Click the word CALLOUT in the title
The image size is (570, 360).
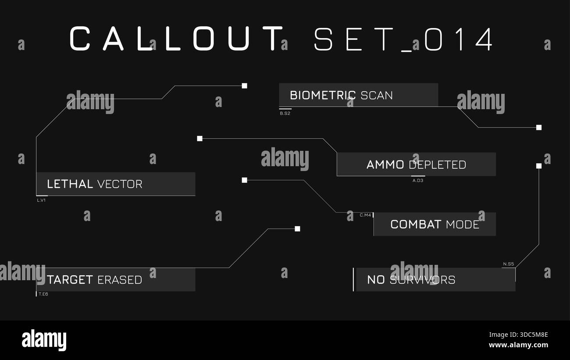point(176,39)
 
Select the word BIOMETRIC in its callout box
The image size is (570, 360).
point(323,96)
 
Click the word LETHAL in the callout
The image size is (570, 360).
point(70,184)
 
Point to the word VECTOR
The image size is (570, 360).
point(120,184)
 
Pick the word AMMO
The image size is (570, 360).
point(385,164)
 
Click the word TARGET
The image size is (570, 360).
point(70,280)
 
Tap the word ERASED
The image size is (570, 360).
point(120,280)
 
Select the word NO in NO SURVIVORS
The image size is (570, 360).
point(376,280)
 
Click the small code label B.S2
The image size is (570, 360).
point(285,114)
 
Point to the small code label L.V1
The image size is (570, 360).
point(41,200)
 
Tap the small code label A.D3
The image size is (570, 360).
point(418,181)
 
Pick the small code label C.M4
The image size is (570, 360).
point(365,215)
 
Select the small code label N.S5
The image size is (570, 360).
point(509,264)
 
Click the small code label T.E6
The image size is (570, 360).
point(43,294)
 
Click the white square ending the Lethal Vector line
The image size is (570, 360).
point(244,86)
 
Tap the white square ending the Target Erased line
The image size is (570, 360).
point(297,229)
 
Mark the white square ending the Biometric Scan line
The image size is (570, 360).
point(539,128)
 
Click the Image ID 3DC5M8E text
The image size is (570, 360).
point(518,335)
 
